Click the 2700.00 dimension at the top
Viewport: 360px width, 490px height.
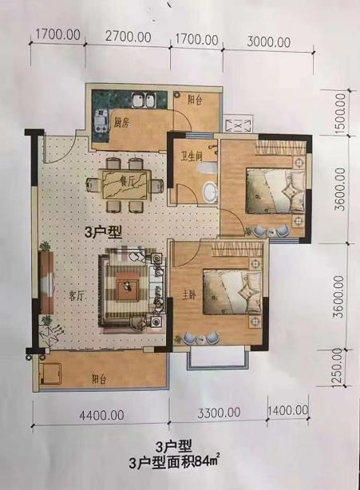(x=129, y=37)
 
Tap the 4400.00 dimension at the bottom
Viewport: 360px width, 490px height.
(x=102, y=416)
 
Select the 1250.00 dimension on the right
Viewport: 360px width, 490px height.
(x=338, y=367)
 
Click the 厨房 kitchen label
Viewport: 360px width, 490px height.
(x=121, y=123)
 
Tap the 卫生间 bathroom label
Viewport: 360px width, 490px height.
(x=192, y=156)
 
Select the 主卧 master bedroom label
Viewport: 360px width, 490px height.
(x=190, y=295)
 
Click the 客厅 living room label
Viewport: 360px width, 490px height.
(x=77, y=295)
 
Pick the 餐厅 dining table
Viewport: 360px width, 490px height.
(x=125, y=184)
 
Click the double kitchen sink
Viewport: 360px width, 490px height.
(x=144, y=101)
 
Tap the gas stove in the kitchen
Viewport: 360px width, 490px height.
(x=101, y=122)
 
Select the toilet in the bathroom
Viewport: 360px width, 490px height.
(x=207, y=168)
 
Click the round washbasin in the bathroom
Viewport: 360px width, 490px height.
(x=210, y=192)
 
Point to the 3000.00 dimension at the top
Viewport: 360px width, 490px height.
(x=269, y=41)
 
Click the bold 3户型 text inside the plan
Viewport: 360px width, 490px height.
(x=104, y=232)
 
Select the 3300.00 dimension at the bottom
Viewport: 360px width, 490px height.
(x=219, y=413)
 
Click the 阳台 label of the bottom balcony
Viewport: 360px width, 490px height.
(x=99, y=379)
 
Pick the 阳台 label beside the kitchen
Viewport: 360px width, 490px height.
(x=195, y=101)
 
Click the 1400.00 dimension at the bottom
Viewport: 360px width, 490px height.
(x=288, y=410)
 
